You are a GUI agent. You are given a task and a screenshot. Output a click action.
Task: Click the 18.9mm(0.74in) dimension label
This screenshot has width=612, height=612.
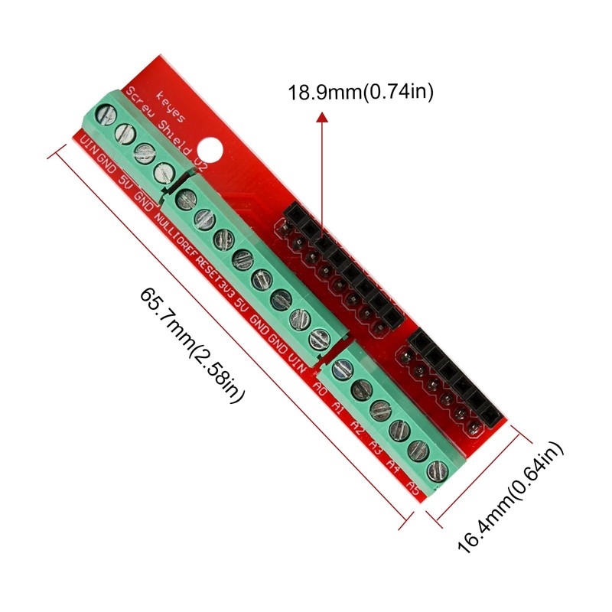pos(360,93)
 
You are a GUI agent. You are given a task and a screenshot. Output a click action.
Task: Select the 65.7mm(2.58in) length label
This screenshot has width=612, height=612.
pos(193,347)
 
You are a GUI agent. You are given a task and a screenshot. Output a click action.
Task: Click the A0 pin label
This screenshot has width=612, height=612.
pos(321,388)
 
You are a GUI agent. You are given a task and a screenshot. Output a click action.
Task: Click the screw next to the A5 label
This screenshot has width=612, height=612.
pos(437,469)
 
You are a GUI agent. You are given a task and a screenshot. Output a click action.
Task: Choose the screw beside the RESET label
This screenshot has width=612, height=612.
pos(224,238)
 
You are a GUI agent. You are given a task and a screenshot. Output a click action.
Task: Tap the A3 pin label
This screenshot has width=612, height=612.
pos(376,444)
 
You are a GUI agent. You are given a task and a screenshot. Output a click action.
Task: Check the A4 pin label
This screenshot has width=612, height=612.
pos(395,464)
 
